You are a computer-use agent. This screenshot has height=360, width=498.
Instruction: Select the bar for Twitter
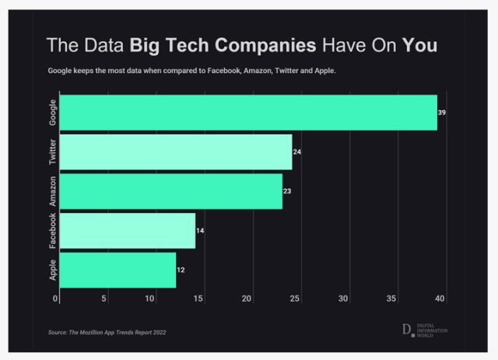coord(176,152)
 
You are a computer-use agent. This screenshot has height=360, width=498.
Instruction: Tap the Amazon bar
coord(170,191)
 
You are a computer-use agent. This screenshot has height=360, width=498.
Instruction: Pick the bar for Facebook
coord(127,231)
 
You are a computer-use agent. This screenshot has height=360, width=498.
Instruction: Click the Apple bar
coord(117,270)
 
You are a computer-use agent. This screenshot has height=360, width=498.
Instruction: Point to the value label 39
coord(442,113)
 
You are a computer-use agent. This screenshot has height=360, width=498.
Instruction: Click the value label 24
coord(297,152)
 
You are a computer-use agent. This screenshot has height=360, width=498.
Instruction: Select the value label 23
coord(287,191)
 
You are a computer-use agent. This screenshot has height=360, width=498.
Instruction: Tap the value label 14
coord(200,231)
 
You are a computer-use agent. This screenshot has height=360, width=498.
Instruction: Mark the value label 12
coord(181,270)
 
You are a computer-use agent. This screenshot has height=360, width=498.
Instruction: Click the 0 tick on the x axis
coord(56,299)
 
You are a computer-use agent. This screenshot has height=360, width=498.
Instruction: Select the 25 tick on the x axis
coord(295,299)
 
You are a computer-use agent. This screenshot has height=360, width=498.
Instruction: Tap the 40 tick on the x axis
coord(440,299)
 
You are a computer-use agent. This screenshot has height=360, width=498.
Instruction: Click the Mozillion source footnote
coord(107,332)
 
